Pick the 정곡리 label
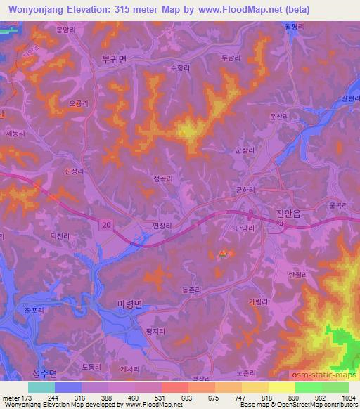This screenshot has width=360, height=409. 163,178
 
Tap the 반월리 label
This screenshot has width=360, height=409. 298,275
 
